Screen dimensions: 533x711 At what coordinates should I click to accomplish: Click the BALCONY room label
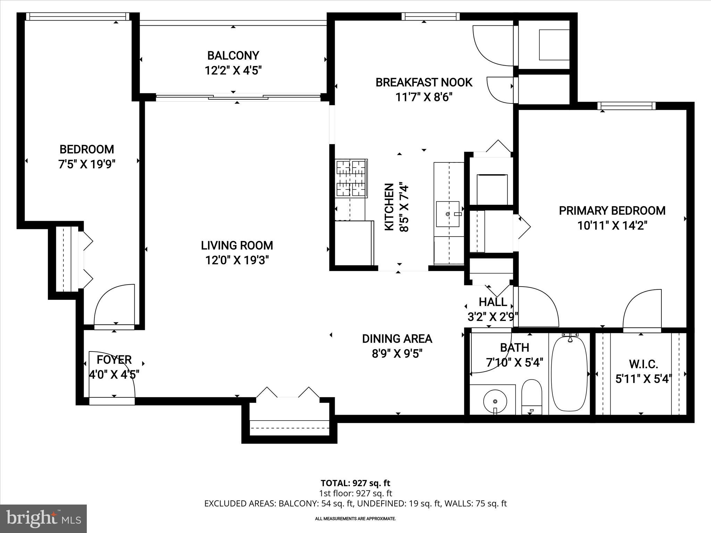click(x=233, y=56)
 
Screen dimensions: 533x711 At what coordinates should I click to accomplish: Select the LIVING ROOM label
click(x=237, y=245)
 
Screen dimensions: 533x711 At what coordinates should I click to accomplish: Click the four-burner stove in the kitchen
click(x=351, y=178)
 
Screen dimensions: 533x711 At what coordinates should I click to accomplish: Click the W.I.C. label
click(x=643, y=364)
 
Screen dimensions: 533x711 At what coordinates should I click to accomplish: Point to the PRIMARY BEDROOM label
click(x=612, y=211)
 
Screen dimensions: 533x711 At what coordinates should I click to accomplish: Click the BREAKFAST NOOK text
click(x=424, y=83)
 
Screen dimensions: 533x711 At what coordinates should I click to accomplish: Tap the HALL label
click(x=493, y=302)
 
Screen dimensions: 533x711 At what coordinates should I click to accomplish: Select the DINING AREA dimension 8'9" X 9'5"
click(x=397, y=354)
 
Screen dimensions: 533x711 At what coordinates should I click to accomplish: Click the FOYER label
click(x=114, y=360)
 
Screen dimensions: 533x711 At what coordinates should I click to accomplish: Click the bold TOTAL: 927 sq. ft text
click(x=355, y=483)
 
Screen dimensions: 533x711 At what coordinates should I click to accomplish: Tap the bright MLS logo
click(x=43, y=519)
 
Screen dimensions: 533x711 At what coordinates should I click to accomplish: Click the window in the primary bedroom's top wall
click(x=626, y=106)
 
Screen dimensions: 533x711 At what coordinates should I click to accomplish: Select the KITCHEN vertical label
click(x=390, y=207)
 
